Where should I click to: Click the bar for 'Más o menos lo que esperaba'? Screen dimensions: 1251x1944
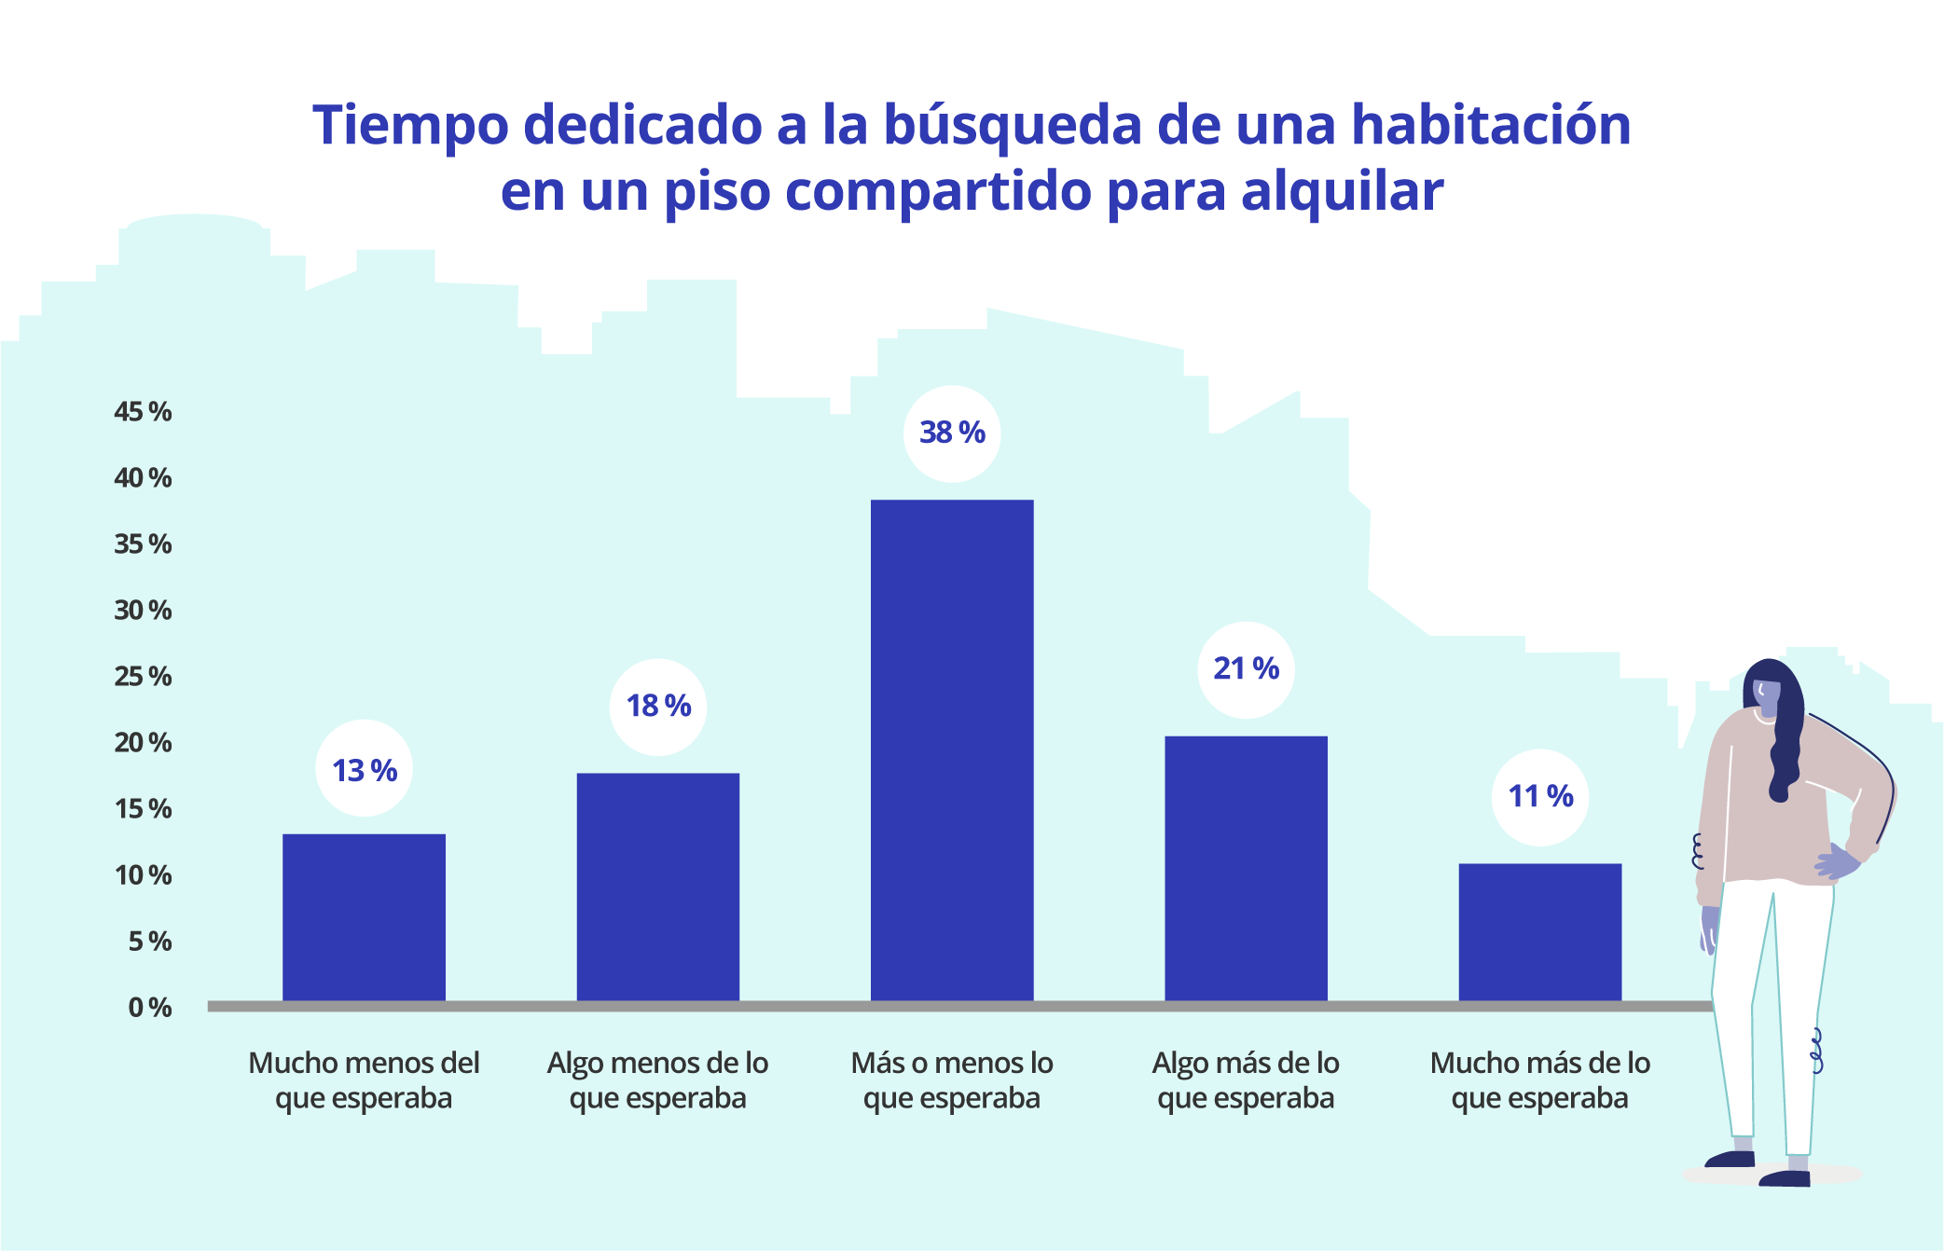(952, 750)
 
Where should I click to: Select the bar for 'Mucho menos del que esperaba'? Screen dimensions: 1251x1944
(364, 917)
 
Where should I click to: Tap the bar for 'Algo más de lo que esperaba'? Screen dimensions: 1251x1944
(1246, 868)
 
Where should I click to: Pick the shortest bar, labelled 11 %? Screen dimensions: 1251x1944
(1539, 931)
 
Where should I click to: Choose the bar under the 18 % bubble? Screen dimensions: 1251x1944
(657, 887)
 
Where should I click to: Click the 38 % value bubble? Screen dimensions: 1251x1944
(952, 433)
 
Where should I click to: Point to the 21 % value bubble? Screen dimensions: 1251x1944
(1246, 669)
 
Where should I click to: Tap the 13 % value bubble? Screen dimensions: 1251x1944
(364, 771)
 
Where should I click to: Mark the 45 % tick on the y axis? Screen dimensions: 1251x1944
(143, 412)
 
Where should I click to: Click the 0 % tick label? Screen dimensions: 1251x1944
(149, 1008)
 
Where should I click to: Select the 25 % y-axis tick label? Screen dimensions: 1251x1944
(143, 677)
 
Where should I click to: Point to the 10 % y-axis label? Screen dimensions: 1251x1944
(143, 875)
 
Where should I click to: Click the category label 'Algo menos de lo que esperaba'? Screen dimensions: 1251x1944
(657, 1080)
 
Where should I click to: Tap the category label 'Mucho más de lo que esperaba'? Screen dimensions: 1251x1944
(1539, 1080)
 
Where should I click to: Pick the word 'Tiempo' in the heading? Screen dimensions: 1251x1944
(411, 125)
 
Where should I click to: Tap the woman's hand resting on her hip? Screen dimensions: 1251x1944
(1835, 862)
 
